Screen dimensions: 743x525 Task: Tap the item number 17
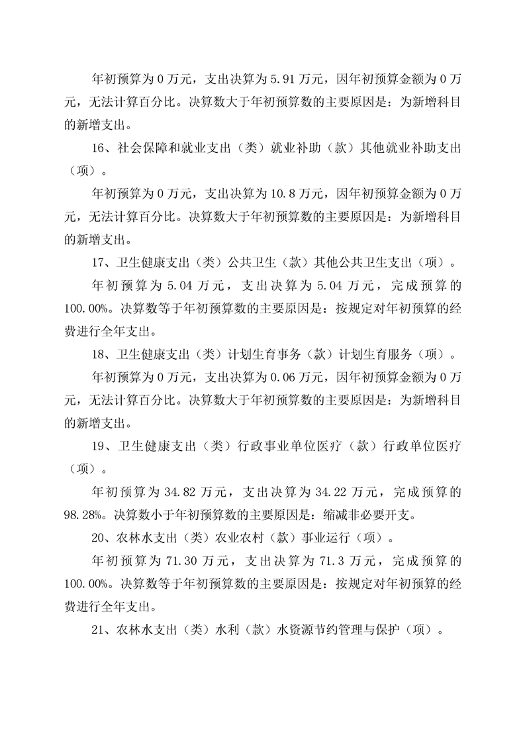point(97,262)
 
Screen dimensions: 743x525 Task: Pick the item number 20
point(97,536)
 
